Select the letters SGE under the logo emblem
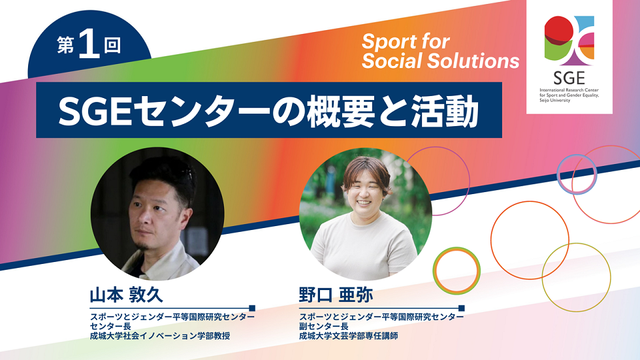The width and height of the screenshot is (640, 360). (569, 78)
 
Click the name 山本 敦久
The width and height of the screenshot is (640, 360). (126, 295)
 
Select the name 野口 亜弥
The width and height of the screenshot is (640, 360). (336, 295)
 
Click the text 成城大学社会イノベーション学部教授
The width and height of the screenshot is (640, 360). (160, 336)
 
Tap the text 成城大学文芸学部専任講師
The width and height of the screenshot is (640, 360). (349, 336)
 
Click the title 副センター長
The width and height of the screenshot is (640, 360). (324, 327)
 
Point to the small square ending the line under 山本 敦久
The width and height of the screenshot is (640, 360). (252, 308)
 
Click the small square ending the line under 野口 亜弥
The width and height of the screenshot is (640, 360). (462, 308)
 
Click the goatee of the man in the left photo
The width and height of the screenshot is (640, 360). (142, 245)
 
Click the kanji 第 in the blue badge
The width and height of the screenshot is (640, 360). (65, 45)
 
